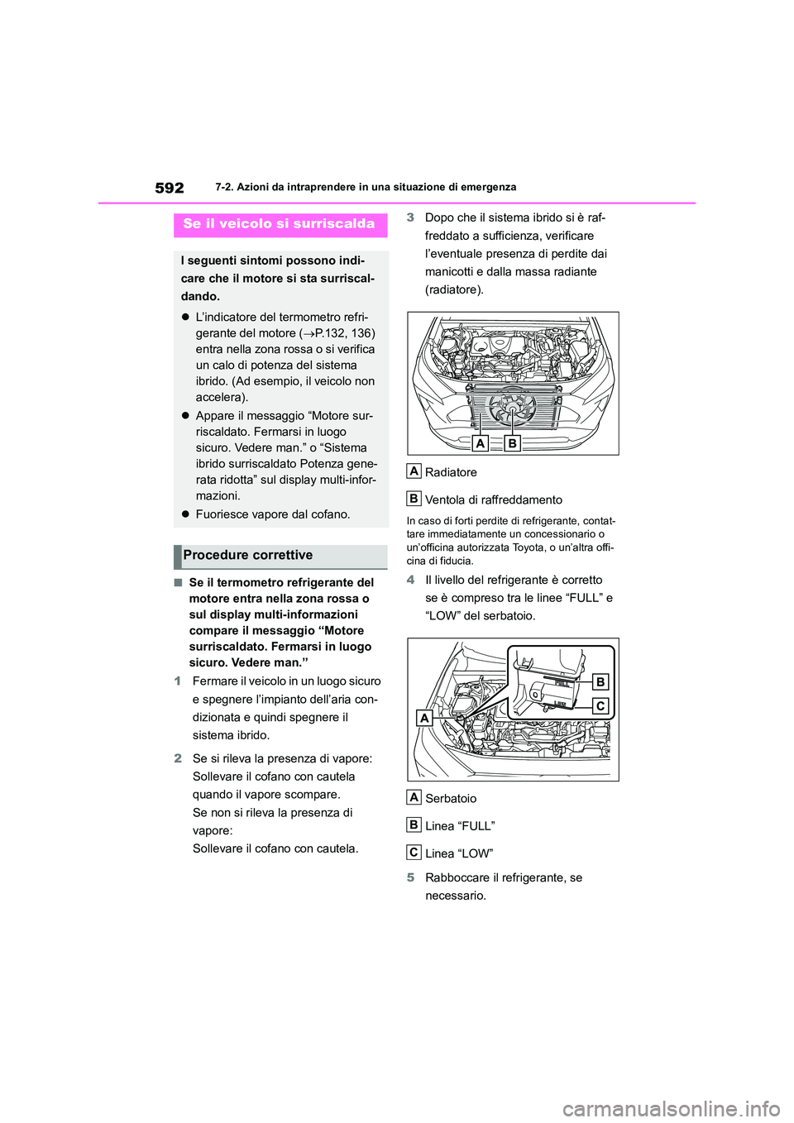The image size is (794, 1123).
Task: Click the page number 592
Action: point(170,188)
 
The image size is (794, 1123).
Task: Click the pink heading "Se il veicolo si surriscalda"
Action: point(279,224)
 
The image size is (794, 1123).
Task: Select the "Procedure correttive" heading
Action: point(248,556)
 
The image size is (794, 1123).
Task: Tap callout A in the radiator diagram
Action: point(480,443)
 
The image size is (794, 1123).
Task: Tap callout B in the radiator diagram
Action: point(512,443)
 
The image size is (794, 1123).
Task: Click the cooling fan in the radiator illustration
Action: point(512,409)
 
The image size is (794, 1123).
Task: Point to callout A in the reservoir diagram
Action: point(424,718)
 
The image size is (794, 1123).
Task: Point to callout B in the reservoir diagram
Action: point(600,681)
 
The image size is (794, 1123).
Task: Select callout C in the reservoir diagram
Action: point(600,706)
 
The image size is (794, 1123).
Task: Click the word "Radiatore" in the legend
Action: point(451,472)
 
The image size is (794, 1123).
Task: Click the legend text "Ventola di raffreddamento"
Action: point(493,499)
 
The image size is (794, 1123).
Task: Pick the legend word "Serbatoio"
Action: point(451,799)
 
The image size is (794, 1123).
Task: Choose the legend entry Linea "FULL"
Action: point(460,826)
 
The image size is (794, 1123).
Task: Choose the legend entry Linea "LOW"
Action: point(459,853)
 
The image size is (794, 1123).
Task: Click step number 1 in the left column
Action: point(178,681)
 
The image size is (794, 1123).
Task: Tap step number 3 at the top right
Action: point(410,217)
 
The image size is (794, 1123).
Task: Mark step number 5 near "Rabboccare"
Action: point(410,877)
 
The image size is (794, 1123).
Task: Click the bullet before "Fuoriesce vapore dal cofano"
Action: point(186,514)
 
